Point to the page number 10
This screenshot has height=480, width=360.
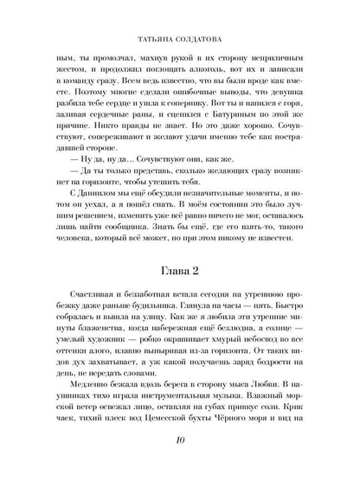(180, 464)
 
